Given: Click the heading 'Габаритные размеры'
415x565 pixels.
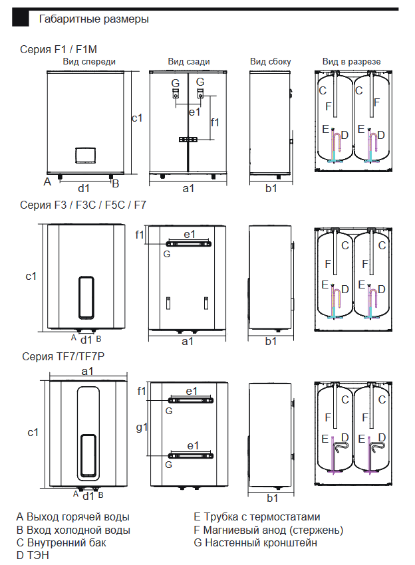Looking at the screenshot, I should (94, 19).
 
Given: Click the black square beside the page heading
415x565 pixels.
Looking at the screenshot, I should (21, 19).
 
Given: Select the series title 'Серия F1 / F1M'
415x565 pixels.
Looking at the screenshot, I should (60, 49).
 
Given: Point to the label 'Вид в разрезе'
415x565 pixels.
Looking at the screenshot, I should (351, 62).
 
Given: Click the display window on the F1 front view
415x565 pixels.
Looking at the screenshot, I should (84, 154).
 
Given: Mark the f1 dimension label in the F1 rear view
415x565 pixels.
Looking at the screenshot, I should (215, 122).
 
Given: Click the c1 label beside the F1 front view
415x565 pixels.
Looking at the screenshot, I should (137, 118).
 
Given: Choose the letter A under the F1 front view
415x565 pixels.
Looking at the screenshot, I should (47, 181).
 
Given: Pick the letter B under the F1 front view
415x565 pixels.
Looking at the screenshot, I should (115, 183).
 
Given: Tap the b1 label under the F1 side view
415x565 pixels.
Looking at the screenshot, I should (271, 189).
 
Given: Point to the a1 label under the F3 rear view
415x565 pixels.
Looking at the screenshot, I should (188, 341).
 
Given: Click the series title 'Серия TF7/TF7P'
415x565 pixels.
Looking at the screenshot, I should (63, 357).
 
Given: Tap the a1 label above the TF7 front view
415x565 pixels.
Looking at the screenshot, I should (87, 371).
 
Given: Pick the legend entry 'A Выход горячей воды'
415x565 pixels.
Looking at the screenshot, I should (73, 516).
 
